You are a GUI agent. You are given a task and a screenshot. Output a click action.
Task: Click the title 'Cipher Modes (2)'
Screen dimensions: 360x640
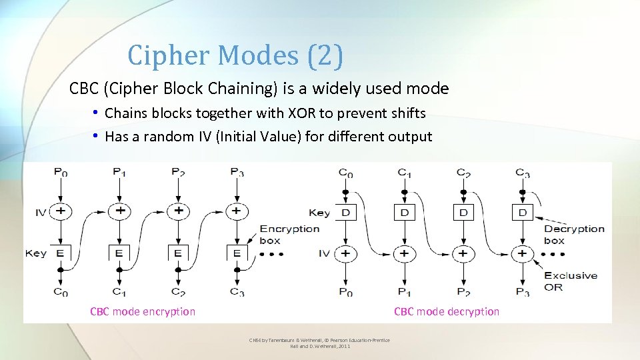[235, 55]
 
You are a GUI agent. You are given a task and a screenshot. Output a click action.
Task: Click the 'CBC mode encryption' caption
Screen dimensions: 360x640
[143, 311]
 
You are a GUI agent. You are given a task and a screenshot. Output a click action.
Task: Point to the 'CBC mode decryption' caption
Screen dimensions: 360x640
[446, 311]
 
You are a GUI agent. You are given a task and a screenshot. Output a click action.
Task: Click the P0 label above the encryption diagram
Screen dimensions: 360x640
[61, 173]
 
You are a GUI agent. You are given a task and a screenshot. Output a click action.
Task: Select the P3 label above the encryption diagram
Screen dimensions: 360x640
[237, 173]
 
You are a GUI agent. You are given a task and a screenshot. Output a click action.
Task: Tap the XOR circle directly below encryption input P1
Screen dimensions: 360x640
[119, 211]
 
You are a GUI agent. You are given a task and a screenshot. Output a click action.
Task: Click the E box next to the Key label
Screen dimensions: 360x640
[61, 253]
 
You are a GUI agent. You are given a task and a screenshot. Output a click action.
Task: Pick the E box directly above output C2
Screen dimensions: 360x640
[178, 253]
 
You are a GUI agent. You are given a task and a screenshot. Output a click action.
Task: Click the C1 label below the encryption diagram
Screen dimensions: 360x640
[119, 291]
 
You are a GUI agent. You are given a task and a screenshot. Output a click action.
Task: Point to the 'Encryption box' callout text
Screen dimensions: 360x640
[289, 235]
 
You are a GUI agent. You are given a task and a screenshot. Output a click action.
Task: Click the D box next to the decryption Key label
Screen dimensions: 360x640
[345, 213]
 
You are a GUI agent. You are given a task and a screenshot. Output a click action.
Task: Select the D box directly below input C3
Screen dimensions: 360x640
[522, 213]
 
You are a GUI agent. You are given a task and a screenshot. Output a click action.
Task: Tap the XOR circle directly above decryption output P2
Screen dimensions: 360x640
[463, 253]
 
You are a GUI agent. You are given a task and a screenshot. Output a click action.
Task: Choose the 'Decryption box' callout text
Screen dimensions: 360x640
[573, 235]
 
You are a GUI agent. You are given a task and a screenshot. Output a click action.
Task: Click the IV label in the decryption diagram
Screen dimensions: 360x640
[324, 253]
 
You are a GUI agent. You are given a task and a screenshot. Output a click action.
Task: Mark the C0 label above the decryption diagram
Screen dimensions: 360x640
[345, 173]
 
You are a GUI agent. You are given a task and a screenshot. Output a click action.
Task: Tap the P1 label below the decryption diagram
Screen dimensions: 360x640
[404, 292]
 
